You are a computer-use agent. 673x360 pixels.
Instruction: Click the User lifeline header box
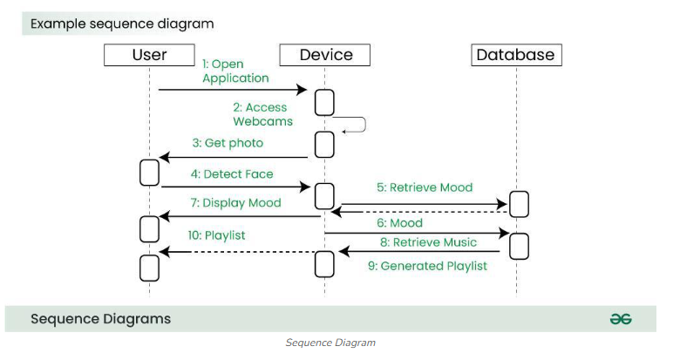click(x=149, y=55)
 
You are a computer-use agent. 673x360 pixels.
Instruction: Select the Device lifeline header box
click(x=325, y=55)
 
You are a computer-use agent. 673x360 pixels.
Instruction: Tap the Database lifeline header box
click(x=516, y=55)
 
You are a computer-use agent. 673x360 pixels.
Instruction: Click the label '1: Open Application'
click(x=235, y=71)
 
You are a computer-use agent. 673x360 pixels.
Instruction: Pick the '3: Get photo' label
click(x=228, y=142)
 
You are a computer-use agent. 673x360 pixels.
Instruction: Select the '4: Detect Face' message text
click(x=231, y=173)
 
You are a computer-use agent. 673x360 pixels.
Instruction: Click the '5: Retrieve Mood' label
click(x=425, y=187)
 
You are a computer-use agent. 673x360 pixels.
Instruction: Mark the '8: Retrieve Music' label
click(x=428, y=241)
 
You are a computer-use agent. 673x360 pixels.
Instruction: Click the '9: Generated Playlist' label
click(x=427, y=266)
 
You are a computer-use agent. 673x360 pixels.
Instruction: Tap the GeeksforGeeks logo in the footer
click(x=620, y=319)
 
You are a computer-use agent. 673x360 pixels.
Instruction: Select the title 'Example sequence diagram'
click(x=122, y=24)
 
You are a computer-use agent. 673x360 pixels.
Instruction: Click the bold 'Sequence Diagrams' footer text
click(x=100, y=318)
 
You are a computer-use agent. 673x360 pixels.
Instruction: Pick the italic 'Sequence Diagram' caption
click(x=330, y=343)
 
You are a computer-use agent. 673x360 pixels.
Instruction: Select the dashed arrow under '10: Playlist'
click(x=235, y=252)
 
